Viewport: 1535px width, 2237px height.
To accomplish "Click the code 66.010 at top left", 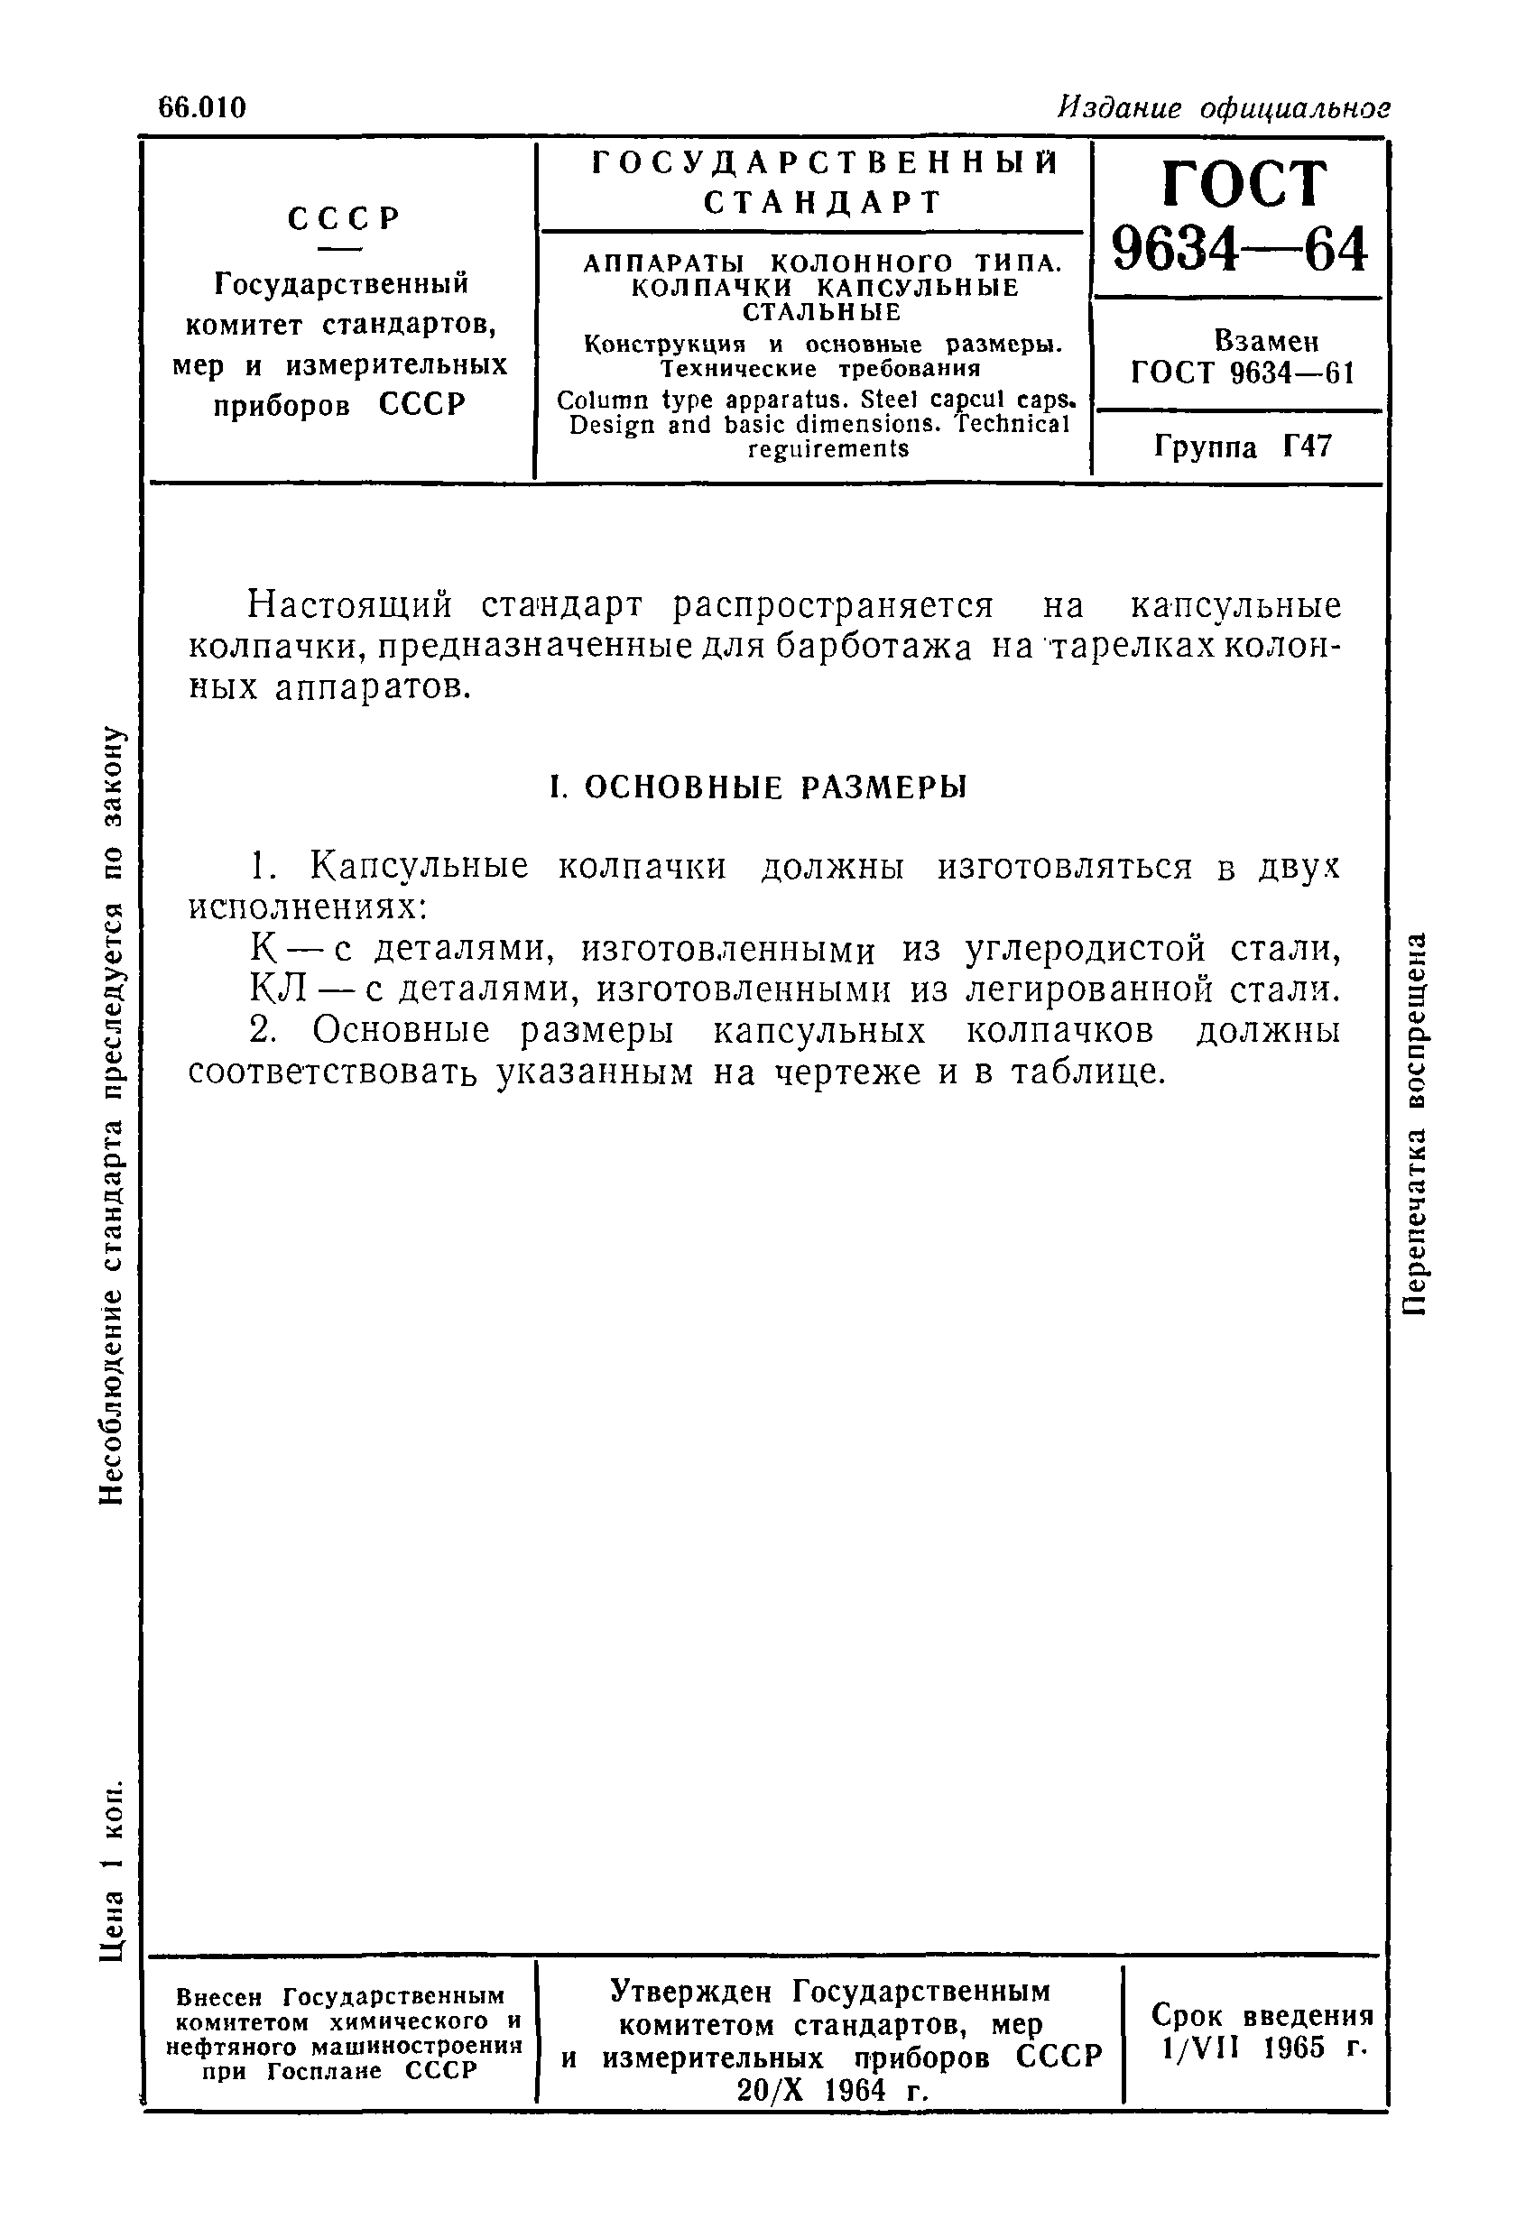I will point(203,108).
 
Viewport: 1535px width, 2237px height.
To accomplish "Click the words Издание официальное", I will point(1223,108).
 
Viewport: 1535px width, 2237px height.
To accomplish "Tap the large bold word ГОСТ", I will point(1244,183).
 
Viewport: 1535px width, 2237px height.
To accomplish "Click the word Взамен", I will point(1265,342).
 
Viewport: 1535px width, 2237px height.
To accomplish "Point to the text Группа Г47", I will point(1243,446).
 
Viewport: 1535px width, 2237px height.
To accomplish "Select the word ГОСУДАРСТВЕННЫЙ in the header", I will point(824,163).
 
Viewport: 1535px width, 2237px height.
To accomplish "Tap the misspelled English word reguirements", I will point(828,449).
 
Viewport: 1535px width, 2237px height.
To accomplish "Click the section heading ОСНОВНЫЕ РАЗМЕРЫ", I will point(775,787).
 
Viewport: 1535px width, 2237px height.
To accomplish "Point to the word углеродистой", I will point(1085,949).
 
